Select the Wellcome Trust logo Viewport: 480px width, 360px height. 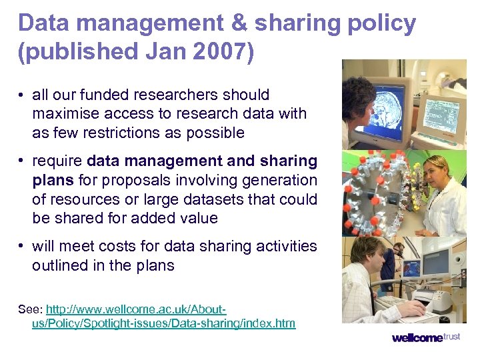[425, 337]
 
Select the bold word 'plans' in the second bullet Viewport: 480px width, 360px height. [53, 180]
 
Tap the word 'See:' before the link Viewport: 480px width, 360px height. [30, 310]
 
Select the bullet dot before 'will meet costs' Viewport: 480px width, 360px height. [23, 247]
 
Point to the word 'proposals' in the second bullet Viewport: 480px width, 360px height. [134, 180]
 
